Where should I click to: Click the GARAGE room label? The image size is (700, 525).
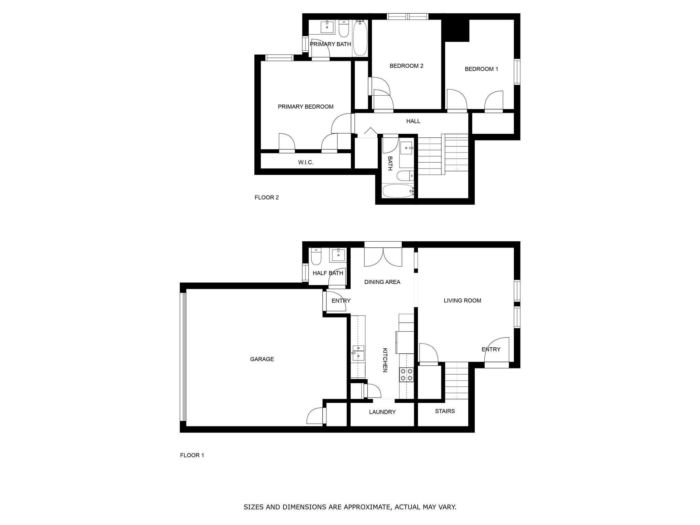click(x=262, y=359)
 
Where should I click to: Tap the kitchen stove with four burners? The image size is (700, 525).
click(x=407, y=374)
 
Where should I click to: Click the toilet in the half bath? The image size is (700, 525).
click(x=316, y=257)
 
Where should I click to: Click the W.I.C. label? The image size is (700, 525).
click(x=306, y=162)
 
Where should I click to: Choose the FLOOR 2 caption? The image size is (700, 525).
click(x=267, y=197)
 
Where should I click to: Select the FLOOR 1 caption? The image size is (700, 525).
click(x=192, y=455)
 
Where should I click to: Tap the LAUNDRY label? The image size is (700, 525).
click(x=382, y=412)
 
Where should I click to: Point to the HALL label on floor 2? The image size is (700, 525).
click(x=413, y=121)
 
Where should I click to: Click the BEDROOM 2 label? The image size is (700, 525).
click(x=406, y=66)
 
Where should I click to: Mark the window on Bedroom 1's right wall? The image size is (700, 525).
click(x=517, y=71)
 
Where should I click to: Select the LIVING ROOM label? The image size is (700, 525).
click(x=462, y=300)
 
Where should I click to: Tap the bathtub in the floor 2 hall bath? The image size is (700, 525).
click(x=398, y=191)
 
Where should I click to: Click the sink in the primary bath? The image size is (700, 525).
click(x=327, y=26)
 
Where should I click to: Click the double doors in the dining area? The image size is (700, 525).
click(x=383, y=257)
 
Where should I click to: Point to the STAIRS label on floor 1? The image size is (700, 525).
click(x=445, y=411)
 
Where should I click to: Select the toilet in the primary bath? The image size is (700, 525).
click(x=344, y=29)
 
